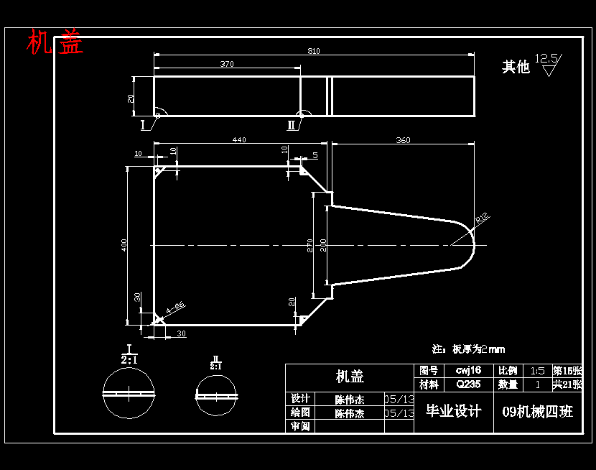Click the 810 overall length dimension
314,51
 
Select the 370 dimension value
227,64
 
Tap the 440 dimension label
238,139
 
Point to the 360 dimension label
403,140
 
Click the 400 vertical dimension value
124,245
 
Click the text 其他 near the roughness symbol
515,67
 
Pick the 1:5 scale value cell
537,371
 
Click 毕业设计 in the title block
453,411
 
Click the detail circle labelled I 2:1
129,392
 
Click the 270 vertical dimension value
310,245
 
